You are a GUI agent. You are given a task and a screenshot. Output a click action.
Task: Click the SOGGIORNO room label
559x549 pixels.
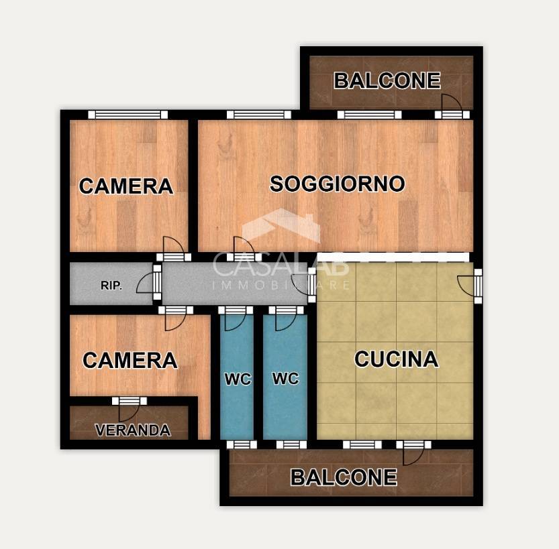pyautogui.click(x=337, y=184)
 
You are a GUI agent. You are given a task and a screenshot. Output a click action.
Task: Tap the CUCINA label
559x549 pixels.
pyautogui.click(x=396, y=359)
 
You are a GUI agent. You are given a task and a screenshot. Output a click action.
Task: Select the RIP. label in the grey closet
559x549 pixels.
pyautogui.click(x=111, y=286)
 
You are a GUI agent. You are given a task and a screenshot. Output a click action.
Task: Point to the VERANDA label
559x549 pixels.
pyautogui.click(x=132, y=430)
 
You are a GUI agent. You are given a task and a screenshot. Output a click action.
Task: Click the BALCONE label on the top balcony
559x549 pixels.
pyautogui.click(x=387, y=81)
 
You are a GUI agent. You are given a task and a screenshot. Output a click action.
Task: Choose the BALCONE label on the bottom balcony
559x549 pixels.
pyautogui.click(x=344, y=477)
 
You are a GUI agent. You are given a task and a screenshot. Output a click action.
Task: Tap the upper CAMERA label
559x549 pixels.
pyautogui.click(x=126, y=186)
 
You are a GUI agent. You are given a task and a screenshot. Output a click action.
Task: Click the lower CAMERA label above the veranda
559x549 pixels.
pyautogui.click(x=130, y=361)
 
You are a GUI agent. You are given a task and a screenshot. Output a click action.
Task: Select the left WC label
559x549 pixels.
pyautogui.click(x=238, y=379)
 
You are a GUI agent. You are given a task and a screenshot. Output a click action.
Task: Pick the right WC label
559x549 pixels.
pyautogui.click(x=285, y=378)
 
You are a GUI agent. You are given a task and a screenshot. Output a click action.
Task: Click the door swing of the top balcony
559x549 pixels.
pyautogui.click(x=450, y=105)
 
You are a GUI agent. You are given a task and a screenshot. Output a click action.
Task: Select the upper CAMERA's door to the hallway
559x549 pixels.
pyautogui.click(x=173, y=248)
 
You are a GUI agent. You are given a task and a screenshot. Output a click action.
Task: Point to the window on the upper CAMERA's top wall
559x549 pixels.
pyautogui.click(x=128, y=115)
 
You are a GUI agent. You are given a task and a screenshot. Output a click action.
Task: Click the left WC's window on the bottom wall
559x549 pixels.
pyautogui.click(x=242, y=444)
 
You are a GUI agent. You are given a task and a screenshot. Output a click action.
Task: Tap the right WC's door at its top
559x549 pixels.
pyautogui.click(x=287, y=317)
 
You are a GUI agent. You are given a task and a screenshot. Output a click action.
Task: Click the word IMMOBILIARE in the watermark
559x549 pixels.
pyautogui.click(x=281, y=286)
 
